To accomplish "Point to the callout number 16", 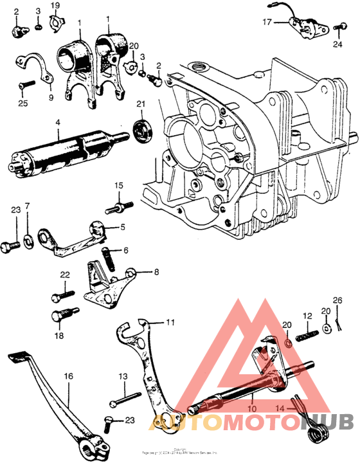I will (x=69, y=377).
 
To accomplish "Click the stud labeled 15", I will (x=120, y=206).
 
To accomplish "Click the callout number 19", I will (x=55, y=6).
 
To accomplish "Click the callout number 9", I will (x=51, y=98).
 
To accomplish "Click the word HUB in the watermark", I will (x=323, y=423).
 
